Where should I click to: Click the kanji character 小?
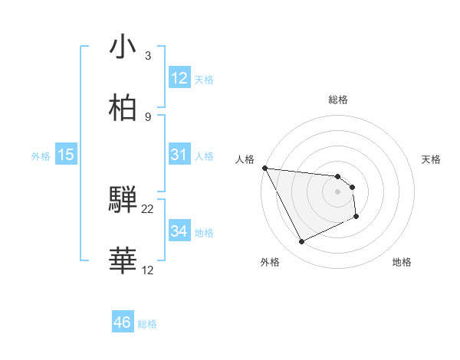tap(123, 48)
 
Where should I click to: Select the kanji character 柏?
tap(123, 108)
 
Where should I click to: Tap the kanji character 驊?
tap(123, 201)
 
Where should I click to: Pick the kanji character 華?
tap(123, 260)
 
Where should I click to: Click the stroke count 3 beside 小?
tap(148, 56)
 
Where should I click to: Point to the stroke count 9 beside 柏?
tap(148, 116)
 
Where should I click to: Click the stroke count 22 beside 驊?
tap(148, 209)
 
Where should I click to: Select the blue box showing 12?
tap(179, 78)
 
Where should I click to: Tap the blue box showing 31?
tap(179, 155)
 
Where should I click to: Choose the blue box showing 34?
tap(179, 231)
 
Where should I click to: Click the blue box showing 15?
tap(66, 155)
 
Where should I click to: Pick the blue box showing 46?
tap(123, 322)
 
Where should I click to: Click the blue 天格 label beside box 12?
tap(204, 80)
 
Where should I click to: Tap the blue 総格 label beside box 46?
tap(147, 324)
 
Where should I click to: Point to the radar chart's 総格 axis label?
tap(338, 100)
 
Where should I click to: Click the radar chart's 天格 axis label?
tap(432, 159)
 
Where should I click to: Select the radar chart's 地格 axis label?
tap(402, 262)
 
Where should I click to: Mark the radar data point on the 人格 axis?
tap(264, 168)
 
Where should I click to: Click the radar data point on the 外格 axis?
tap(301, 242)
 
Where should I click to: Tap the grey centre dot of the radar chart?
tap(338, 191)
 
